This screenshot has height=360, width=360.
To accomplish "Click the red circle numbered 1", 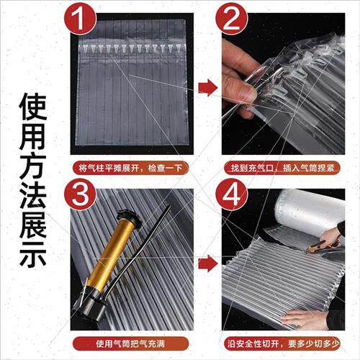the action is (80, 19).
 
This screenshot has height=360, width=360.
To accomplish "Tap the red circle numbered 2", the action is (231, 19).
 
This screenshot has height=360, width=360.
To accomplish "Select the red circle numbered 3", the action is (80, 194).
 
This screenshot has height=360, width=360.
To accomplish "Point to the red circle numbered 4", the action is (231, 194).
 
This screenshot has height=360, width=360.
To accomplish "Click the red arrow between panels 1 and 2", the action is (208, 87).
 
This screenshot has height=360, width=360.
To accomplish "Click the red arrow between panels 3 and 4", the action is (208, 264).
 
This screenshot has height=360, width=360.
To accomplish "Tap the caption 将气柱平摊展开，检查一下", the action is (130, 168).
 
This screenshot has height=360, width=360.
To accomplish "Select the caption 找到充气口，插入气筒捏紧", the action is (282, 168).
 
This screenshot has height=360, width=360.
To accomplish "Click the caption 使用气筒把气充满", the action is (130, 343).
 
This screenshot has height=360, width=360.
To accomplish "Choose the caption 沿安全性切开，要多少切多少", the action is (282, 343).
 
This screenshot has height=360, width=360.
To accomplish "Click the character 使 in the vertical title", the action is (32, 107).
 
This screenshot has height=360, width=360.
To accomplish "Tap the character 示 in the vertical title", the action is (32, 253).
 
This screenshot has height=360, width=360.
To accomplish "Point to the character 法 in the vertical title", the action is (32, 195).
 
